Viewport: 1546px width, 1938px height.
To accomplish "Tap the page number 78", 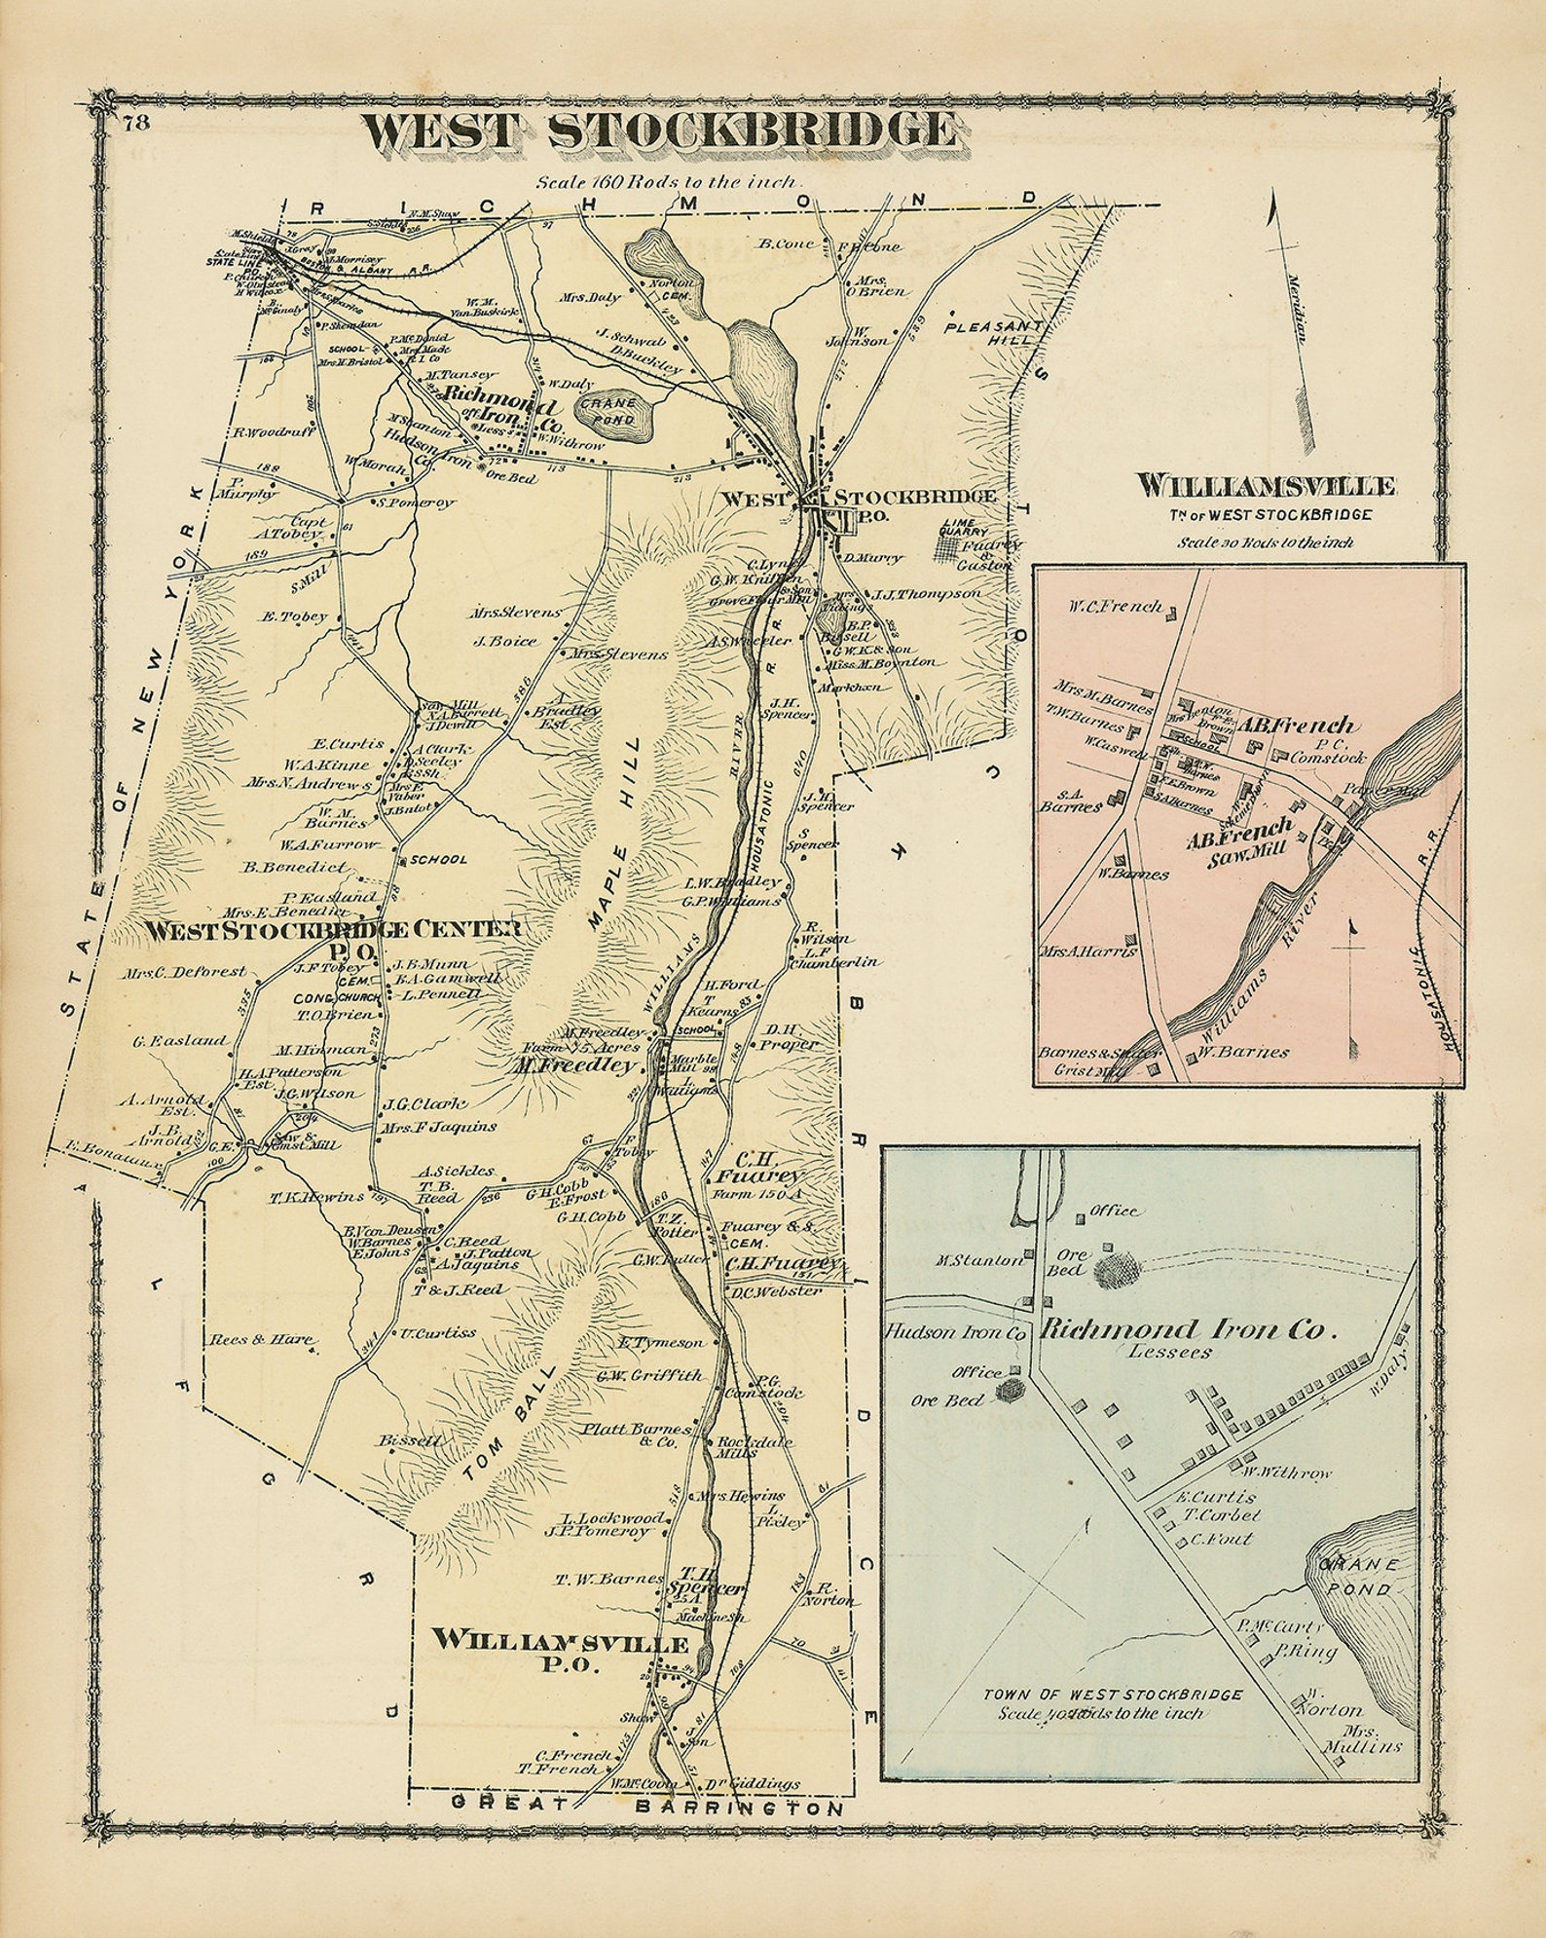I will tap(134, 122).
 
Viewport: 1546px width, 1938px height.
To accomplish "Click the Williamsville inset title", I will tap(1266, 485).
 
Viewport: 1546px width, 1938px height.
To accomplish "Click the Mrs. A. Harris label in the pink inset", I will tap(1088, 950).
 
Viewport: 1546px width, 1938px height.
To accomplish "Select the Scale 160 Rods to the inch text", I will tap(667, 181).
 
